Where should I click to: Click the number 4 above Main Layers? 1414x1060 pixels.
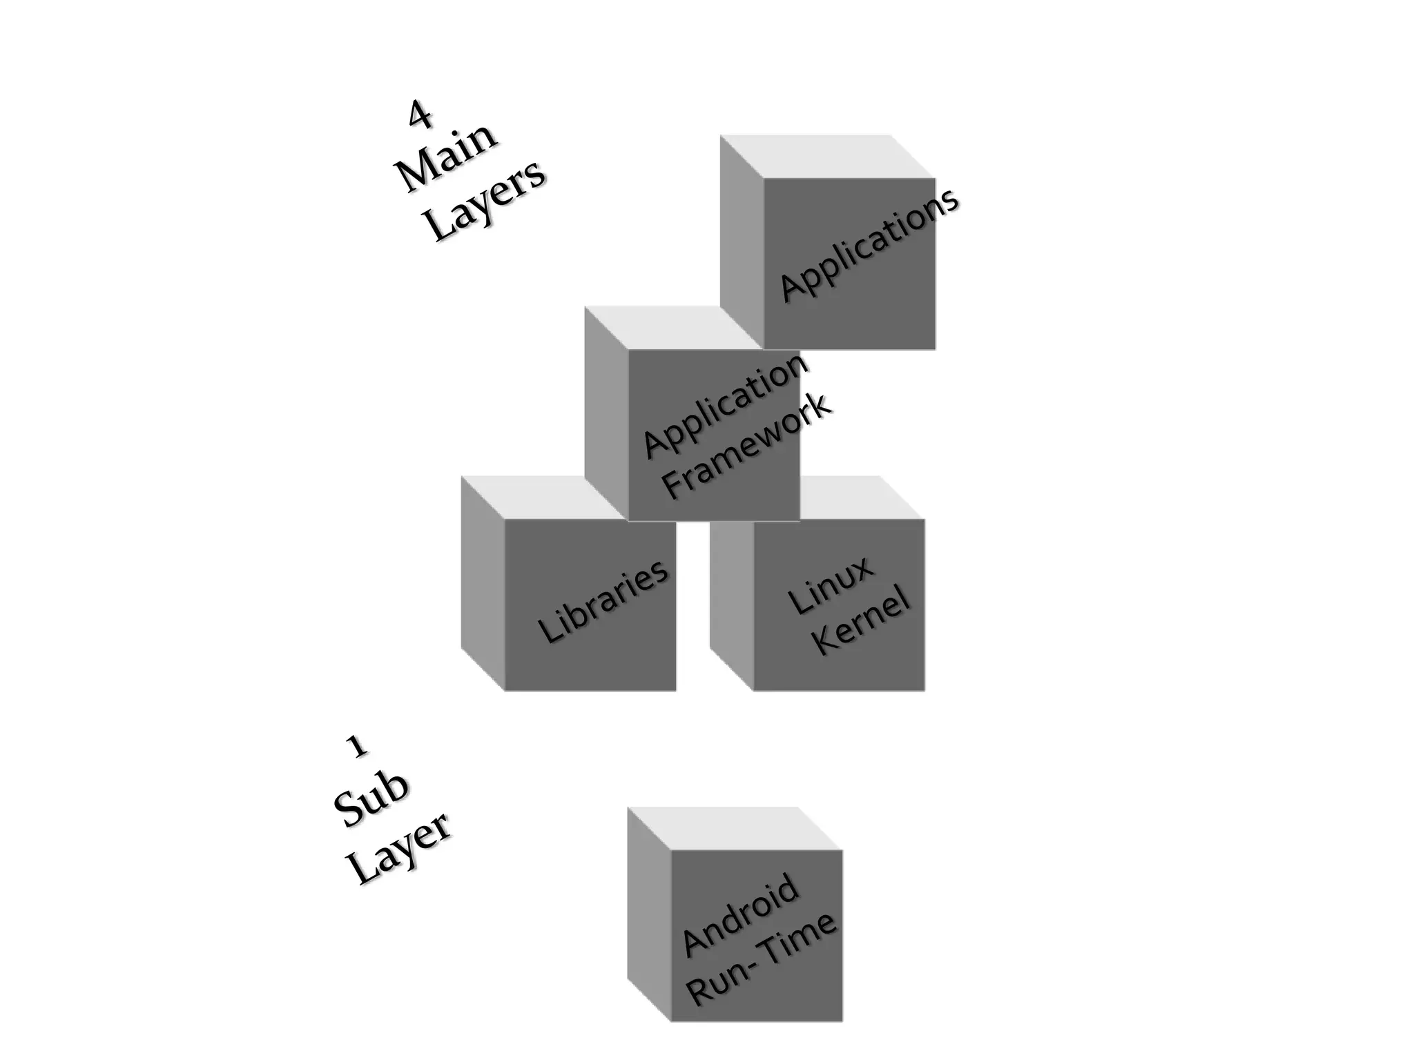tap(420, 115)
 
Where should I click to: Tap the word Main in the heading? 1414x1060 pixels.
tap(447, 158)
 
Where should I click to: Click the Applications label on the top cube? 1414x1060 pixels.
tap(869, 244)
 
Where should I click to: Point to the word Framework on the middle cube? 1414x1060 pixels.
tap(747, 446)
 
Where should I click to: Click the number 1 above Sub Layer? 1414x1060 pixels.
tap(356, 746)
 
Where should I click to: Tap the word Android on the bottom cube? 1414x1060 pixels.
tap(741, 915)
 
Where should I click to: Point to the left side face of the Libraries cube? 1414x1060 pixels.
tap(483, 583)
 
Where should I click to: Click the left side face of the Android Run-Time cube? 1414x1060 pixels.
tap(648, 914)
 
